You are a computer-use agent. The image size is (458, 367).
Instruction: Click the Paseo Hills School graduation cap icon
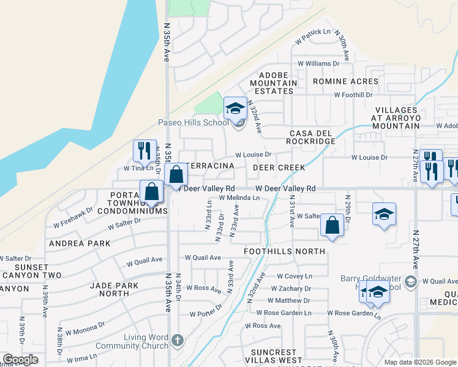pos(235,109)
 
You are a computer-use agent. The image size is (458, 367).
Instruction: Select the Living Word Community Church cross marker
pos(177,339)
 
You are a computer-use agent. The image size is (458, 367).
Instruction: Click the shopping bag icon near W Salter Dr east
pos(331,224)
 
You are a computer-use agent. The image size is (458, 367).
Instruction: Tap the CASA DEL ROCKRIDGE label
pos(312,137)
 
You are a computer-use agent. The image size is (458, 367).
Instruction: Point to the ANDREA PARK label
pos(80,243)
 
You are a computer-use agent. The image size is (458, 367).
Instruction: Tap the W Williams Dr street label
pos(318,64)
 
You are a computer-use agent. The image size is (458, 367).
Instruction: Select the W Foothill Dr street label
pos(353,95)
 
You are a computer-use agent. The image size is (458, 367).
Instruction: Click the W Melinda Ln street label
pos(239,198)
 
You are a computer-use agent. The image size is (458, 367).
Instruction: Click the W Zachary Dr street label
pos(290,289)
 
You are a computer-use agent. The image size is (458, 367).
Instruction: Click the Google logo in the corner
pos(20,360)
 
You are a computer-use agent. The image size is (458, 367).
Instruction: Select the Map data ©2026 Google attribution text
pos(420,362)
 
